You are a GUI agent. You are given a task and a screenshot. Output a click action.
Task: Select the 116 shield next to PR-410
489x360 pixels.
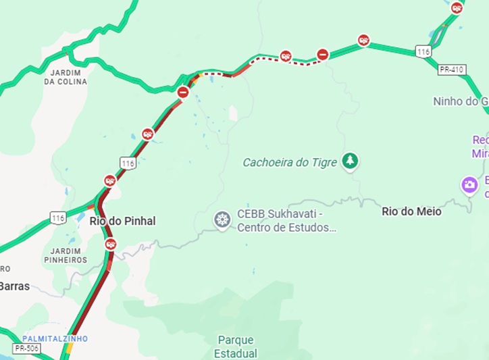coord(423,52)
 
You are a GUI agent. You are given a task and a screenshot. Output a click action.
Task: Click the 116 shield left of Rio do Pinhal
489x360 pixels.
coord(58,217)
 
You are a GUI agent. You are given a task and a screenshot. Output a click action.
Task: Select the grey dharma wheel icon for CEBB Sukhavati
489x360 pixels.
coord(222,220)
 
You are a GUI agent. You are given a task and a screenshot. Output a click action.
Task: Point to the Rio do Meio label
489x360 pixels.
coord(411,211)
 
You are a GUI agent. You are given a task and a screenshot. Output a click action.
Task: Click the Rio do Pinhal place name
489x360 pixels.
coord(122,221)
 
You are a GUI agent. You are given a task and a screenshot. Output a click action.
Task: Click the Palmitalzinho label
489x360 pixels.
coord(55,338)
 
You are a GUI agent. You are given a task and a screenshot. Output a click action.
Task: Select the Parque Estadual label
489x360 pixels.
coord(237,346)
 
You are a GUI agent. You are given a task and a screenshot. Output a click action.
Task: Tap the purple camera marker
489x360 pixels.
coord(469,184)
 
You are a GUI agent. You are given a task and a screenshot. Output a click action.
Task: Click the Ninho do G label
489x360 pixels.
coord(460,101)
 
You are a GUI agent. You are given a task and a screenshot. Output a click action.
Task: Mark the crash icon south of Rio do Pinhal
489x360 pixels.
coord(111,244)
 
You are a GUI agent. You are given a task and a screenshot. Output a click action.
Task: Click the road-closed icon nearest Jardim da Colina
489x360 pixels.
coord(183,92)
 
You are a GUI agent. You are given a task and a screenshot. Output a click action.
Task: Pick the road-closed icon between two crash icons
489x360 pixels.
coord(323,54)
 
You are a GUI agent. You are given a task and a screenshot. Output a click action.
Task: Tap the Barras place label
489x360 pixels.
coord(14,286)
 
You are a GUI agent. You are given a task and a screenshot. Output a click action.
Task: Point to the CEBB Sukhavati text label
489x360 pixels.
coord(286,221)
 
